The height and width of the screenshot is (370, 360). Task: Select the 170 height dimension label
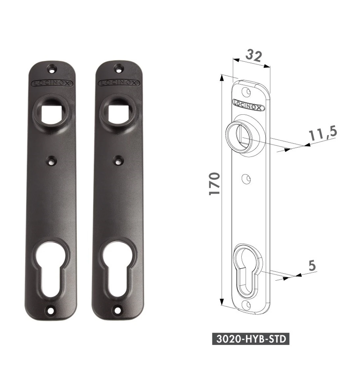(x=214, y=184)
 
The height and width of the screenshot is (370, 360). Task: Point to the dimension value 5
(x=312, y=265)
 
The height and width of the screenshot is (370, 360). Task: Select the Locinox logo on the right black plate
(x=119, y=83)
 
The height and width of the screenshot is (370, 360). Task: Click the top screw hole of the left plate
(x=52, y=69)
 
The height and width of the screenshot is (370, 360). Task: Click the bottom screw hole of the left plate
(x=50, y=310)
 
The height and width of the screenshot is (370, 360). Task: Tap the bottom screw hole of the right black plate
(x=117, y=309)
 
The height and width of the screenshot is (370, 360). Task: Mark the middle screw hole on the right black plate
(x=118, y=161)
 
